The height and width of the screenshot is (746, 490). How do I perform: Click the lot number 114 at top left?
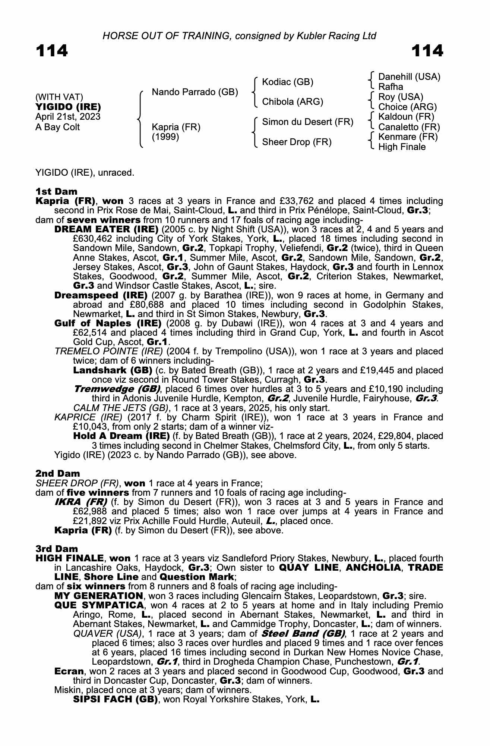point(52,51)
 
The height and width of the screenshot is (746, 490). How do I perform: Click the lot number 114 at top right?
point(427,51)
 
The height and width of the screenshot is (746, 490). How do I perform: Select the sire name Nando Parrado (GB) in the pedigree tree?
point(195,92)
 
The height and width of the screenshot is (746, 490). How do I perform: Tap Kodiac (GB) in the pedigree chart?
point(288,82)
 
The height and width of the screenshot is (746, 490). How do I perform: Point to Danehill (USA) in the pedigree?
point(409,77)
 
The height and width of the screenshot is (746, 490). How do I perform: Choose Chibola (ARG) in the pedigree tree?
point(293,102)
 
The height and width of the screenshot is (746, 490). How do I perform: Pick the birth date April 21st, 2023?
point(68,117)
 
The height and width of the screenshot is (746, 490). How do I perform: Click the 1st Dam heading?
point(56,192)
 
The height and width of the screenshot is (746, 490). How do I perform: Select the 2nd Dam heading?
point(58,474)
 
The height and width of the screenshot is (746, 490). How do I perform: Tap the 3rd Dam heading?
point(57,549)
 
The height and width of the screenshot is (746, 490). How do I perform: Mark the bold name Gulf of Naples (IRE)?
point(108,323)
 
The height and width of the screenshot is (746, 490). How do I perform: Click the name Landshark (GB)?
point(113,370)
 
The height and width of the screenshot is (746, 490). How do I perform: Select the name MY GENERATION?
point(99,596)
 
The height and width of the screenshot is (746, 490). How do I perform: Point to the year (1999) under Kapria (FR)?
point(165,137)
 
